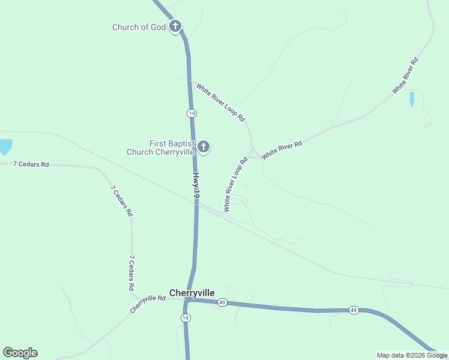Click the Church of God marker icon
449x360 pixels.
tap(175, 26)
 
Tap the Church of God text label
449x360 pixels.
tap(139, 27)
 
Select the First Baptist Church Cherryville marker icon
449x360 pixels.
tap(203, 146)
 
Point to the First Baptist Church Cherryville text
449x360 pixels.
tap(161, 148)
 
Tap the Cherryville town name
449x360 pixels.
tap(192, 293)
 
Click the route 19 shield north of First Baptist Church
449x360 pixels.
tap(191, 113)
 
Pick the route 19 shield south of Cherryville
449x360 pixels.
tap(185, 318)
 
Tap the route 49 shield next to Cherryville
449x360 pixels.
tap(222, 302)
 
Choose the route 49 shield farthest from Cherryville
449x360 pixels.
tap(354, 310)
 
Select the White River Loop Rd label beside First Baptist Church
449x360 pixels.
tap(235, 185)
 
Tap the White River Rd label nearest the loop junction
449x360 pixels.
tap(282, 149)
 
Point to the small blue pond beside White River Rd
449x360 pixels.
tap(412, 99)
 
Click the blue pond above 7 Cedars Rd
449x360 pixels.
tap(5, 146)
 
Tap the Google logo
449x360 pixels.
tap(20, 353)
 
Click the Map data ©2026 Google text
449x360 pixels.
tap(412, 355)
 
